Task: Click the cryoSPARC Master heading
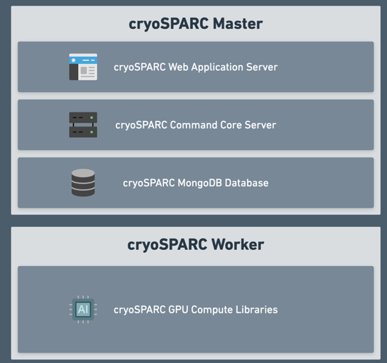196,24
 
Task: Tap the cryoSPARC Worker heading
196,245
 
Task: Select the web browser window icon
83,67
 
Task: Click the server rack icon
83,125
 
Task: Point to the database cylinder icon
83,183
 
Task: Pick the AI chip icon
83,309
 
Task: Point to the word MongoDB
197,183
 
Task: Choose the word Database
246,183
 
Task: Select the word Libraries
258,309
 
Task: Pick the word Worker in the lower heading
236,245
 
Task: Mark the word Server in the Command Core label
260,125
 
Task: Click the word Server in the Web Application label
262,67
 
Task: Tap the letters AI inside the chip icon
83,309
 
